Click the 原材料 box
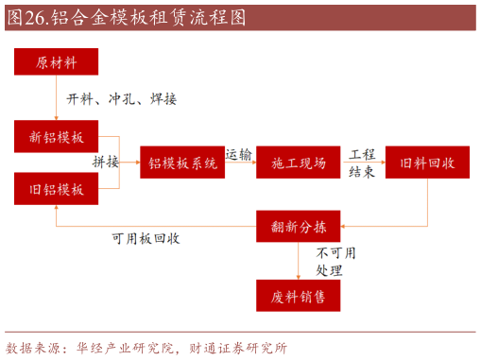pos(58,63)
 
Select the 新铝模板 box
pos(58,135)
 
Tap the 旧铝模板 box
pos(58,189)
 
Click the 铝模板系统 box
pos(182,163)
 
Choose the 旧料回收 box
pos(428,163)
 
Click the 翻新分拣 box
pos(299,226)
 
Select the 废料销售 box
pos(299,296)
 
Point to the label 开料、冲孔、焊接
pos(121,98)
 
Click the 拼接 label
pos(106,162)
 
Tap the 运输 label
pos(238,153)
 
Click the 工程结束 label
pos(362,163)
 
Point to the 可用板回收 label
pos(146,238)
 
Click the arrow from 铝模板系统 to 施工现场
pos(241,163)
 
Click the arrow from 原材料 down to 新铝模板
pos(57,97)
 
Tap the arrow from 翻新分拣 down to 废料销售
pos(299,261)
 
